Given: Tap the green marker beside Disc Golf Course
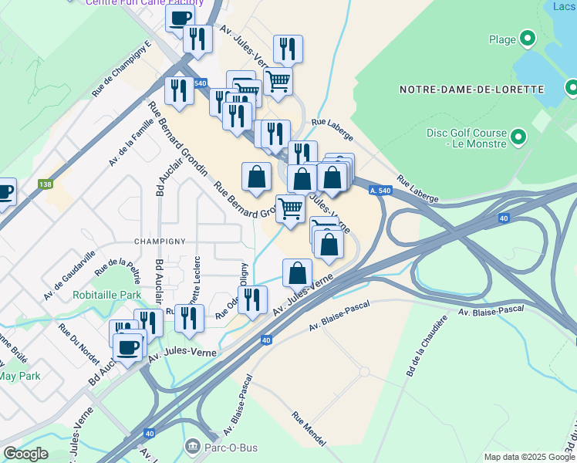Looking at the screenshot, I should [x=518, y=138].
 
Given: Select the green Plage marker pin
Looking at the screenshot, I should [x=528, y=38].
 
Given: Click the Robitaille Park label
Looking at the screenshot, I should [x=107, y=295].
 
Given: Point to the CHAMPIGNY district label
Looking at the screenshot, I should [x=158, y=241].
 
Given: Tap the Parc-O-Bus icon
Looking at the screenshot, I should [x=191, y=446].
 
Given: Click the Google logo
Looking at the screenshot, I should [x=25, y=454].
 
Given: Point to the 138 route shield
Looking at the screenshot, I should [x=46, y=184].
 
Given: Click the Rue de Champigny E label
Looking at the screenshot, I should [x=121, y=69].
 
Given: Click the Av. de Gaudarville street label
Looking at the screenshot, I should [x=69, y=275].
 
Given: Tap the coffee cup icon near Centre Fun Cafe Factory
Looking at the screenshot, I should [x=180, y=18].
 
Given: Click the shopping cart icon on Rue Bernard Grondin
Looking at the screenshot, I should [x=290, y=208].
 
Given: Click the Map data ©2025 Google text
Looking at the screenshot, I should [x=528, y=457].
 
